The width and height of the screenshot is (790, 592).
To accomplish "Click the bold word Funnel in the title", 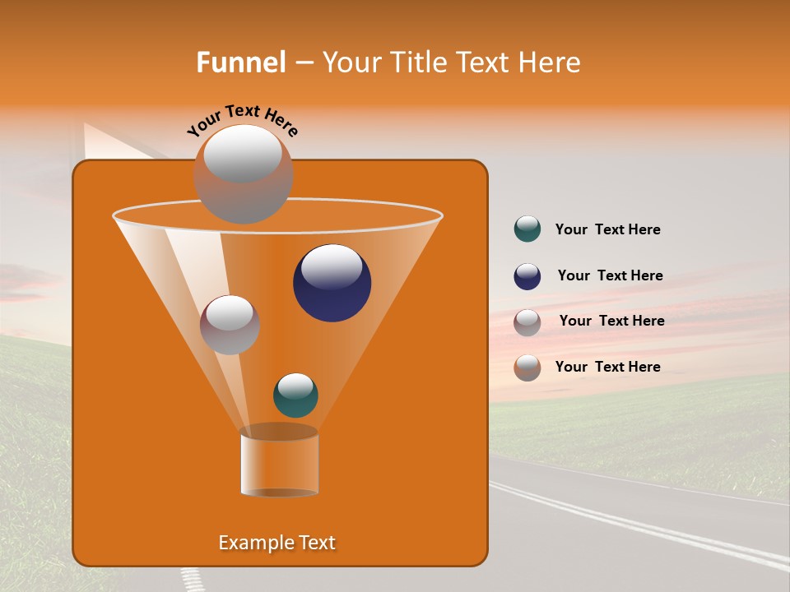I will coord(240,62).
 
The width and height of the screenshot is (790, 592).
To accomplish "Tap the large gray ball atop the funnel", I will coord(243,173).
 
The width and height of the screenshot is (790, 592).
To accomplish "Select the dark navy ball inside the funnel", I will coord(332,283).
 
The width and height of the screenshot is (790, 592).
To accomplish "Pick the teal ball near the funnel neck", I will coord(295,395).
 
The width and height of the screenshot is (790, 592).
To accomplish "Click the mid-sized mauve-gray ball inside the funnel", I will coord(230,325).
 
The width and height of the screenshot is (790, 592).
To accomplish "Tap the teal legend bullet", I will coord(527,229).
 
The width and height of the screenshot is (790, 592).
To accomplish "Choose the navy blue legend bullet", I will coord(527,276).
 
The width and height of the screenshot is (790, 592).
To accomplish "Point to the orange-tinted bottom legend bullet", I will coord(527,368).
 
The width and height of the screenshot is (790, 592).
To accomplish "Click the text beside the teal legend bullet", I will coord(607,230).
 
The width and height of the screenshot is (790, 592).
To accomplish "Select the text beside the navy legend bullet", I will coord(610,275).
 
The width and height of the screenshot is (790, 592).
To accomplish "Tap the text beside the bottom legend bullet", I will coord(607,367).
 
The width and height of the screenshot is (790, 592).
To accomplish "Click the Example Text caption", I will coord(276,543).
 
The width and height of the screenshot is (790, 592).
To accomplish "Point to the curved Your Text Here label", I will coord(242,120).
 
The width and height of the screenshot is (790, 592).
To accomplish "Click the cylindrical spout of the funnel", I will coord(279,462).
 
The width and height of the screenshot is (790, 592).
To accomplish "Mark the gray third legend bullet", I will coord(527,322).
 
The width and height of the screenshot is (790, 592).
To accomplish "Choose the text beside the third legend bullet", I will coord(611,321).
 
